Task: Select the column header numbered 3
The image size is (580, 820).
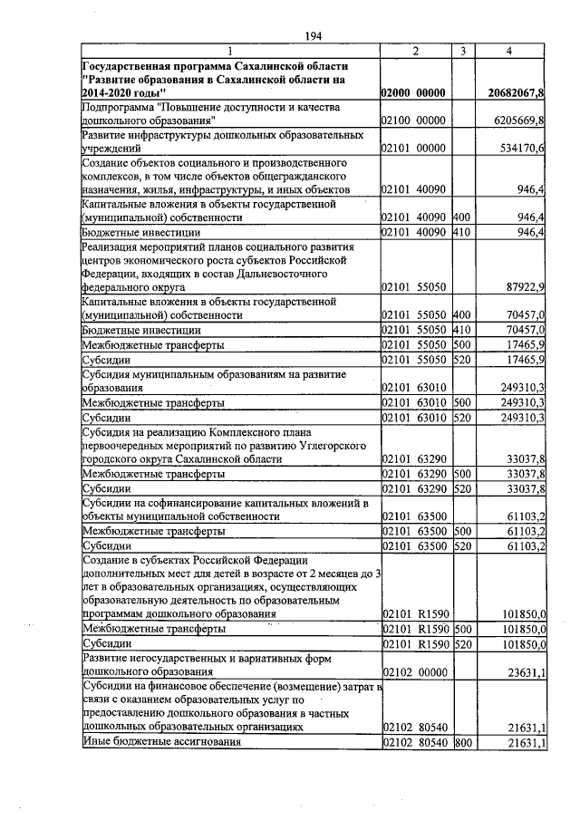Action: [462, 52]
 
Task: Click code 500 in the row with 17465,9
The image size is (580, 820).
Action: [462, 344]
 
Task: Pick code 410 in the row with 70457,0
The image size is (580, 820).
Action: [462, 330]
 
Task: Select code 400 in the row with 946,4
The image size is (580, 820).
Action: [462, 217]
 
